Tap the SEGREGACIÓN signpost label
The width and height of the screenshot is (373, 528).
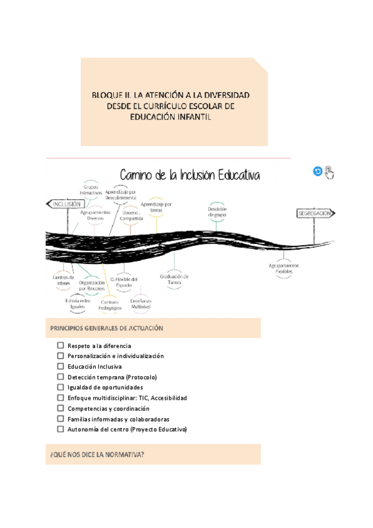(314, 214)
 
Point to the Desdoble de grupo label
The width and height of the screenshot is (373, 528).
(217, 212)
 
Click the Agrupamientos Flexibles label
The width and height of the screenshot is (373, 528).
(284, 268)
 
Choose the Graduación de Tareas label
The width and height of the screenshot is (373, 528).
(174, 279)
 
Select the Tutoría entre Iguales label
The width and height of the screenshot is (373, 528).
(78, 303)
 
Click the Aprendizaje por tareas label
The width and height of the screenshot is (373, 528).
(157, 207)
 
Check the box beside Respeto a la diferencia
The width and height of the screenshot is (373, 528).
(60, 345)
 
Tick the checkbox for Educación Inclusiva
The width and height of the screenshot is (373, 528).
(60, 366)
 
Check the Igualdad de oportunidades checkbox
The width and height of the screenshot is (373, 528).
(60, 387)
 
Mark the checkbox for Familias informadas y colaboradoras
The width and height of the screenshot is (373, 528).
(60, 419)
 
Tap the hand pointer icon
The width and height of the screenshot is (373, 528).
(329, 172)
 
